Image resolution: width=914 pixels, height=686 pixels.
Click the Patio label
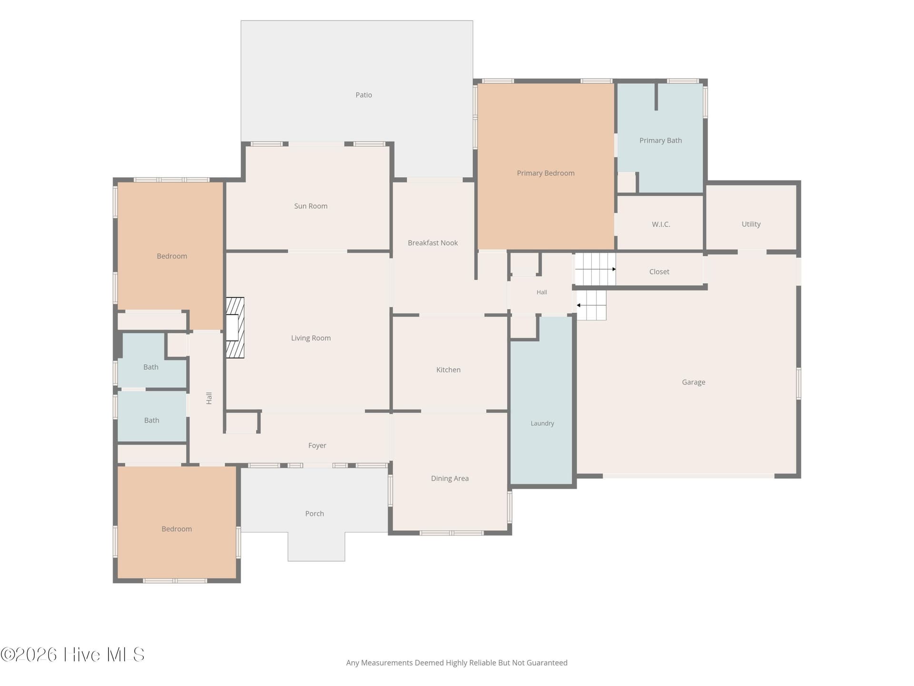(364, 95)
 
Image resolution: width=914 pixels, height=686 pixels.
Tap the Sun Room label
(311, 206)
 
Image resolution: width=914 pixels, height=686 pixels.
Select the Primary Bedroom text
(546, 173)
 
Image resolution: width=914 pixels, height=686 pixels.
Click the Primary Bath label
(661, 141)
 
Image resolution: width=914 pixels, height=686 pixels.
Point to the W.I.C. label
(661, 224)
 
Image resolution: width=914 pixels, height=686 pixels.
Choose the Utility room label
(751, 224)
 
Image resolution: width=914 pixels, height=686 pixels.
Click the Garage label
(694, 383)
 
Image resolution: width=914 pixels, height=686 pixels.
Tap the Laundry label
(542, 424)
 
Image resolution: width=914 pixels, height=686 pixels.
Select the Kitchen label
(448, 370)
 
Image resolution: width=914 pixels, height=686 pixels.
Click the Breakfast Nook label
(433, 243)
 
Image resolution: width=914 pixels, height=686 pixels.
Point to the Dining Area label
(450, 479)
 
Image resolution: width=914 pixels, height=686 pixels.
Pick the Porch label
(315, 514)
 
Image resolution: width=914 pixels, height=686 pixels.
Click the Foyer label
(317, 446)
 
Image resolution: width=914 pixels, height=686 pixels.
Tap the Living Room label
(311, 338)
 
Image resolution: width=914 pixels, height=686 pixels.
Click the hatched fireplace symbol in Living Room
(235, 328)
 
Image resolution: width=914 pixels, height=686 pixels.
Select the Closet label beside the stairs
(659, 272)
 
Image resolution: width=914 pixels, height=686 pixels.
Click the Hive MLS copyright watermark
(72, 655)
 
